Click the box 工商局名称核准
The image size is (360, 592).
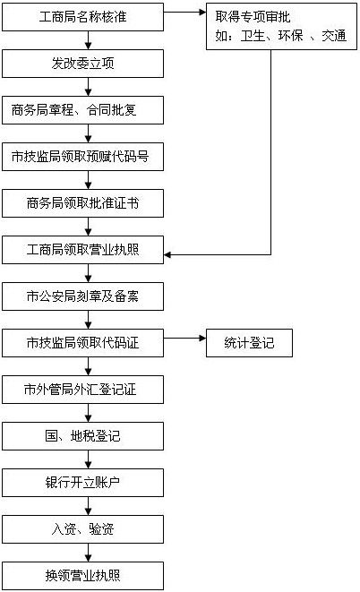tap(82, 17)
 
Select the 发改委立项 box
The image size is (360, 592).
tap(82, 64)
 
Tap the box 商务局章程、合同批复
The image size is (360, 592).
tap(82, 110)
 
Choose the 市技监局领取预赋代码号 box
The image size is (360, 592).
tap(82, 157)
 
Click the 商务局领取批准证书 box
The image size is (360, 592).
tap(82, 203)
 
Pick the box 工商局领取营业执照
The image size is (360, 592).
tap(82, 250)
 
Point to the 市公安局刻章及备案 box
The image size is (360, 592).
tap(82, 296)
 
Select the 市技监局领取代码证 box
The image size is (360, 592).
tap(82, 343)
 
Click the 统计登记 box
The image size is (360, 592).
tap(249, 343)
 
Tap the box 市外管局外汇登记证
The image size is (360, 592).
tap(82, 390)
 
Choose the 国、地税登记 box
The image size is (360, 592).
tap(82, 436)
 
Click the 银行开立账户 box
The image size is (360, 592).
tap(82, 483)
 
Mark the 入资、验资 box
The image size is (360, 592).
tap(82, 529)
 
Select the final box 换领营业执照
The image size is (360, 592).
tap(82, 576)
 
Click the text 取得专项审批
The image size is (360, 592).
tap(253, 17)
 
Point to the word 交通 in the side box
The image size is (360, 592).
tap(334, 36)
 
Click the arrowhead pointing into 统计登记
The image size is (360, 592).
tap(202, 339)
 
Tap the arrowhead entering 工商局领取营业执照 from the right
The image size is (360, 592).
tap(167, 255)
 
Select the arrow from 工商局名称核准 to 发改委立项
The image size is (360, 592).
tap(89, 40)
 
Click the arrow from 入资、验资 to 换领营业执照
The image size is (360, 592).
tap(89, 553)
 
